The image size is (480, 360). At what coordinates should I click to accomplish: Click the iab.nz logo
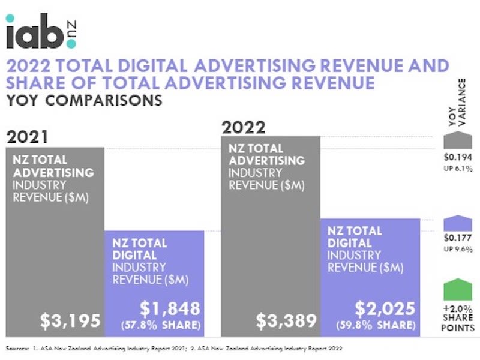(x=40, y=33)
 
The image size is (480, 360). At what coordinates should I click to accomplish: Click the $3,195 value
(x=70, y=320)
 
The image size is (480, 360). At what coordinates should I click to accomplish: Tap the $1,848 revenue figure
(x=169, y=308)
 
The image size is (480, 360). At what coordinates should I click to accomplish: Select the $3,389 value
(x=286, y=320)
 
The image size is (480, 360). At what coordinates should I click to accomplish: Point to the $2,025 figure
(x=385, y=308)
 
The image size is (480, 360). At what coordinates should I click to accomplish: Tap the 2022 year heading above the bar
(x=242, y=127)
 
